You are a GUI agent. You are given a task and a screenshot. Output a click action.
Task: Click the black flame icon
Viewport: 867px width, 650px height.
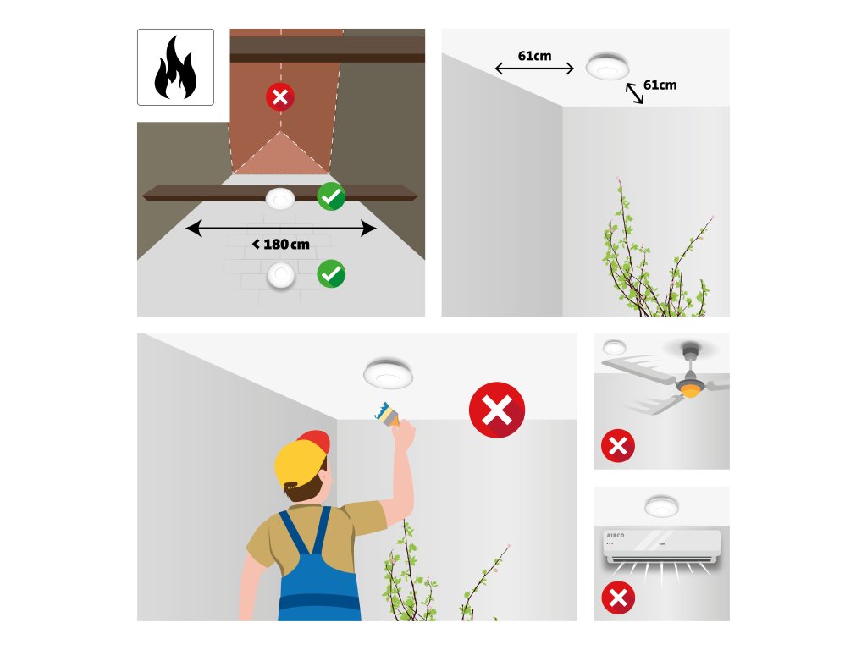[175, 68]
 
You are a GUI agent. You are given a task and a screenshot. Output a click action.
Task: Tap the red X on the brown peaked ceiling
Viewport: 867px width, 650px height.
[280, 97]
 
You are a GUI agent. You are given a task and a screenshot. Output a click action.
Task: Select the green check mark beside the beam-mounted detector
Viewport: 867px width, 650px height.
[331, 196]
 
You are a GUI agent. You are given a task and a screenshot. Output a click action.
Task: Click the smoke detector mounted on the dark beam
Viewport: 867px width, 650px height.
[280, 199]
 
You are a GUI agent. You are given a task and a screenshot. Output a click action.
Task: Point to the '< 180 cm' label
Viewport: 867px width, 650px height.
[281, 244]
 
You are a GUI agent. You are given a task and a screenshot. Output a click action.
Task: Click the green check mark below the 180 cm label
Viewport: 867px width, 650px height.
[331, 273]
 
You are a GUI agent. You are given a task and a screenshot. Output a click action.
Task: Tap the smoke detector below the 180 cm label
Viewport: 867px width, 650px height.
[281, 275]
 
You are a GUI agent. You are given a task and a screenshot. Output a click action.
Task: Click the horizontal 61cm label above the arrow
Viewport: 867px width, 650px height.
[535, 56]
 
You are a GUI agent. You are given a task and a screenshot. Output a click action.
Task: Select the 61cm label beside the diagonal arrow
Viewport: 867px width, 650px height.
[660, 85]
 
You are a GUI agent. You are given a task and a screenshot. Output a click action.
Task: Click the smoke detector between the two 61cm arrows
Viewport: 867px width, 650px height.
[608, 66]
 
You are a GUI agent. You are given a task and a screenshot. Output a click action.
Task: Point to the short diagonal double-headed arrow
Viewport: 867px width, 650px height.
[634, 93]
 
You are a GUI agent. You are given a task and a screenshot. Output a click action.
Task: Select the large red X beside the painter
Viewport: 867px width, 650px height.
[497, 410]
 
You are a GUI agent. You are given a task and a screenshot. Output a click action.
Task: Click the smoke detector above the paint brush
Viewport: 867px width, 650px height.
[388, 373]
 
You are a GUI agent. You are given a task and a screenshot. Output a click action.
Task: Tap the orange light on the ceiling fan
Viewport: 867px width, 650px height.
[690, 391]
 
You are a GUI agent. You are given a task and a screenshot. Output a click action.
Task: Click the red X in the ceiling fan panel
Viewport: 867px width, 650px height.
[618, 445]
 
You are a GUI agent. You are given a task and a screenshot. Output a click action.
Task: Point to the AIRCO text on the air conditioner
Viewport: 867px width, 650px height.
[616, 536]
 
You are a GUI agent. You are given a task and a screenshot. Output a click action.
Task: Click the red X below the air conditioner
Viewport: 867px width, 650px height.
[618, 598]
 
